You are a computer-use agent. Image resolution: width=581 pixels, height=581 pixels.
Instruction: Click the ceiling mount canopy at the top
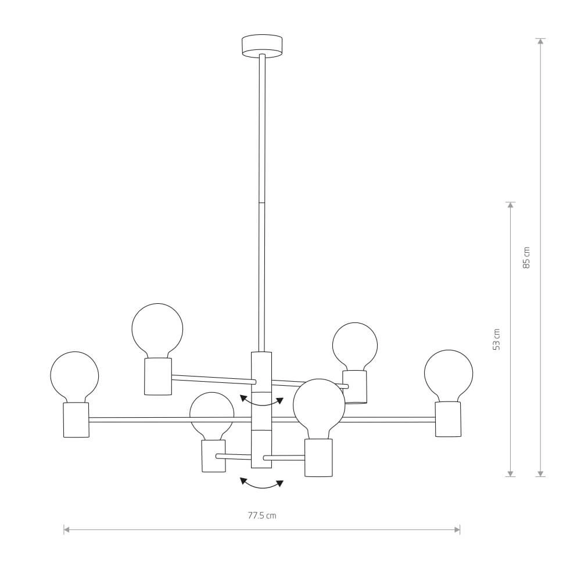261,46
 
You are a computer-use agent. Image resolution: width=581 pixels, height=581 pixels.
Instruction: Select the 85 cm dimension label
526,257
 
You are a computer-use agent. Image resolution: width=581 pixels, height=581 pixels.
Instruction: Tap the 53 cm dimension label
496,339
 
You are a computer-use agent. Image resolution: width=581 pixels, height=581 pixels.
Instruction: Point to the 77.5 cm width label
262,515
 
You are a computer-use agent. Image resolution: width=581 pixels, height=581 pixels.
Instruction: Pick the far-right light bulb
449,374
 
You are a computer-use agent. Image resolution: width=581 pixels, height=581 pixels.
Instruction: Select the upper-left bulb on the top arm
157,329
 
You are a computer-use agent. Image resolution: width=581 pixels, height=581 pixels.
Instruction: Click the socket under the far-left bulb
76,419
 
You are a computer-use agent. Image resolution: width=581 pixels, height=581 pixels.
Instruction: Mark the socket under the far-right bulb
448,418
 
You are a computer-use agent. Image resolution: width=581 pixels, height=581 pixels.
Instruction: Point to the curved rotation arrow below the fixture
262,483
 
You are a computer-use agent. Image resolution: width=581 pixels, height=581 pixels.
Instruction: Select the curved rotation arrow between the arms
262,401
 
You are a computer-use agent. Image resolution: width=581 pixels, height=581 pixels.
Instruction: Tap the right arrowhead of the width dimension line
458,529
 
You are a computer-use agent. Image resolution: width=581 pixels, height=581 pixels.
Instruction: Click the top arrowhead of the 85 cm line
541,41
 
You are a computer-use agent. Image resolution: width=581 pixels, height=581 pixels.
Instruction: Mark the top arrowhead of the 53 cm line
511,205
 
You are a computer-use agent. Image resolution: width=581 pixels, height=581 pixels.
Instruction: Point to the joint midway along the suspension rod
261,202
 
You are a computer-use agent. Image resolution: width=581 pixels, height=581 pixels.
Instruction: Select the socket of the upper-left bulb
158,376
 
